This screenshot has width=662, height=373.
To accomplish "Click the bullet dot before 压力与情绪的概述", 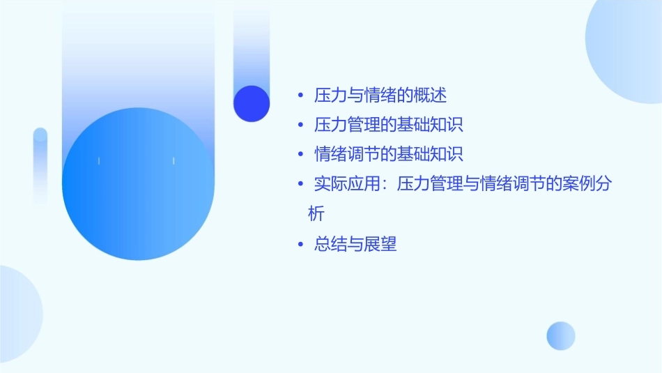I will click(x=300, y=96).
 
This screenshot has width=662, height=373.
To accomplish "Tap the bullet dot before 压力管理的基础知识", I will click(x=300, y=125).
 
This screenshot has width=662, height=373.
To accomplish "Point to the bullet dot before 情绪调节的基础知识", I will click(x=300, y=155).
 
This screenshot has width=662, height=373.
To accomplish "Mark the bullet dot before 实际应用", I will click(x=300, y=185).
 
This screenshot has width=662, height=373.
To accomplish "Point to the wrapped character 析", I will click(x=316, y=213).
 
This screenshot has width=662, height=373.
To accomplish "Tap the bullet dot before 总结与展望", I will click(x=300, y=245).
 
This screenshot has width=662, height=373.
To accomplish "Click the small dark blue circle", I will click(x=252, y=103).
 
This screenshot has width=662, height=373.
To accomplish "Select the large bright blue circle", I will click(x=138, y=184).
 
